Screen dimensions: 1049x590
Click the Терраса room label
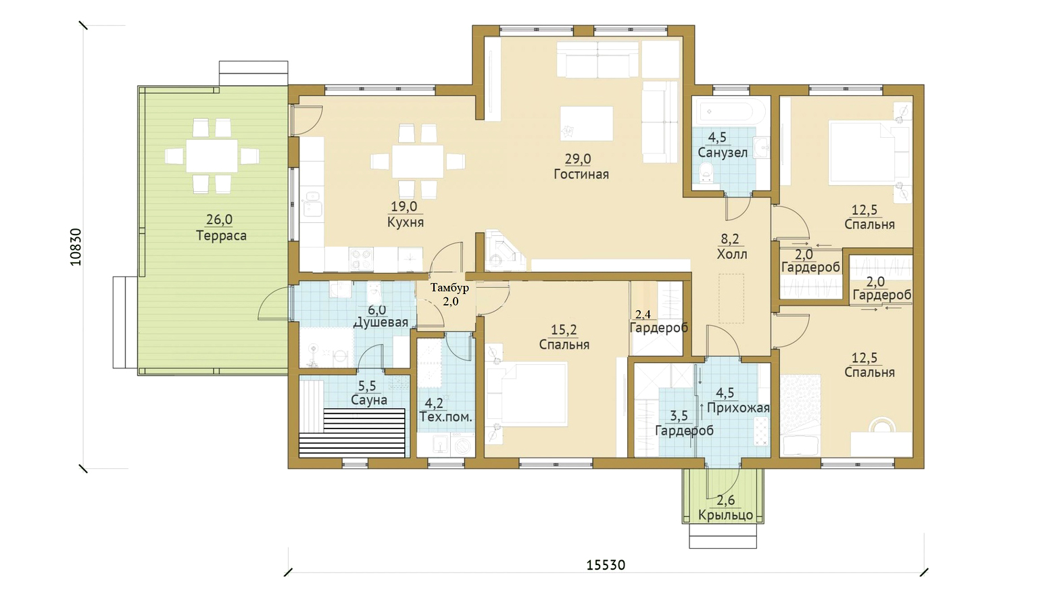click(x=221, y=235)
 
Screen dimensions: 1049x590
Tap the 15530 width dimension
click(x=606, y=565)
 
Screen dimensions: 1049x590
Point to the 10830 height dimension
click(x=76, y=247)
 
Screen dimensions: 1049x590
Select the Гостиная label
click(x=581, y=174)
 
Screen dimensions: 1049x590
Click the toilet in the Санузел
click(x=706, y=172)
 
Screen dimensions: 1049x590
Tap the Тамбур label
click(x=449, y=287)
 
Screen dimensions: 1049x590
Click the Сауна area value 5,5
click(x=367, y=386)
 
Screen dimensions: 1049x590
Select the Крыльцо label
click(x=725, y=515)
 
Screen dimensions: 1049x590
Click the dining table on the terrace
click(x=212, y=155)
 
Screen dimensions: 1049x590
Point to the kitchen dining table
click(x=418, y=162)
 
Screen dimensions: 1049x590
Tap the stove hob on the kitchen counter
click(x=361, y=259)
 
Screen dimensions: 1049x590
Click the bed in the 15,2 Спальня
click(x=527, y=394)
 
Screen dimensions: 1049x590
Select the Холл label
click(x=732, y=254)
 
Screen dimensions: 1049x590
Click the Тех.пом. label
click(x=446, y=417)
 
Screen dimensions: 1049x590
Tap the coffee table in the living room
click(x=586, y=124)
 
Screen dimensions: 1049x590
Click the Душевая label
click(x=381, y=322)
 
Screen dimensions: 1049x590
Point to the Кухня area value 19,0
click(x=404, y=207)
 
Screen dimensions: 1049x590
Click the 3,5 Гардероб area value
click(x=679, y=416)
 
